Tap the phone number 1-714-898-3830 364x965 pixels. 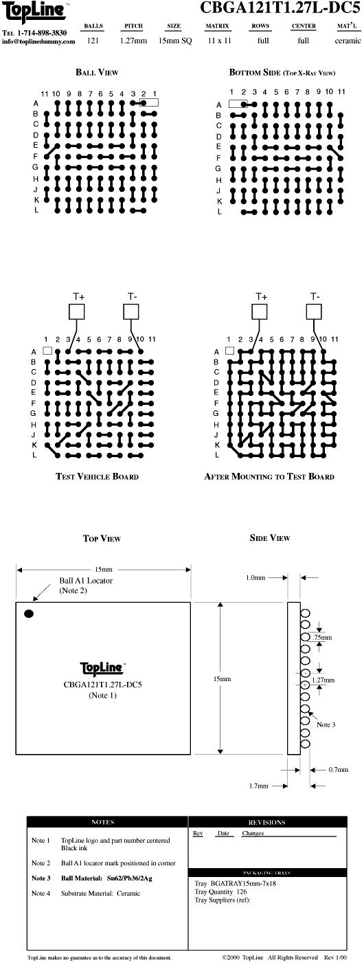[42, 33]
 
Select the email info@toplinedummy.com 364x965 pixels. [38, 42]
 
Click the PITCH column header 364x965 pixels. [133, 26]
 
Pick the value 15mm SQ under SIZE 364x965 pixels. [175, 41]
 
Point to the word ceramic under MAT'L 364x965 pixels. [348, 41]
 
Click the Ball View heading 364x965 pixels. [97, 72]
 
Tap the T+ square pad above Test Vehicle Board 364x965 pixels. [77, 311]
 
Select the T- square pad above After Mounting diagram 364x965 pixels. [314, 311]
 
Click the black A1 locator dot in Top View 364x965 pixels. [29, 614]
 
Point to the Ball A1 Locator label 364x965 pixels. [86, 581]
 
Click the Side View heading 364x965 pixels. [270, 538]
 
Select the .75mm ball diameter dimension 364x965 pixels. [322, 638]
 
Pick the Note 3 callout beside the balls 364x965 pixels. [326, 724]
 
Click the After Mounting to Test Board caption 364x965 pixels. [269, 476]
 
